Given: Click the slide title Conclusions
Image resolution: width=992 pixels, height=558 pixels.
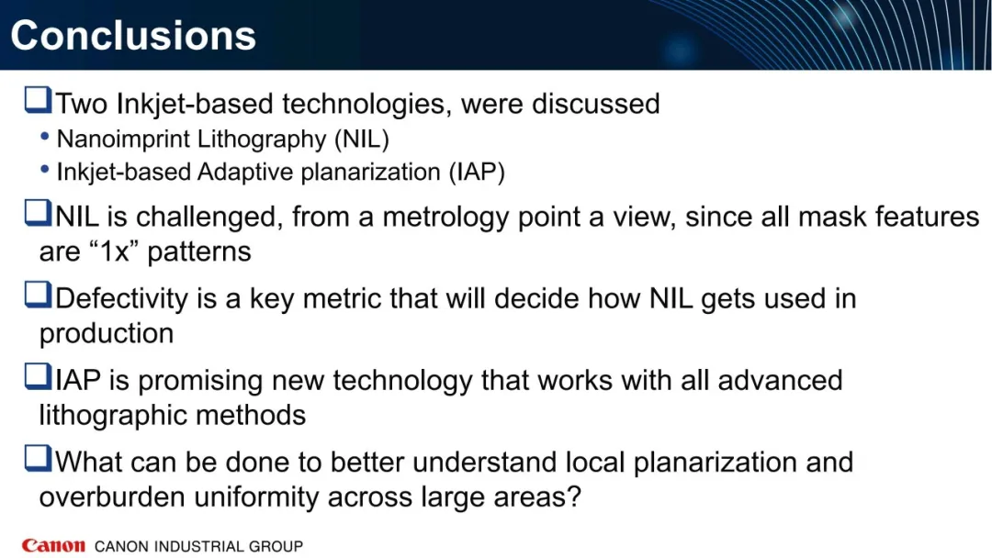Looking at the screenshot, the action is (x=133, y=36).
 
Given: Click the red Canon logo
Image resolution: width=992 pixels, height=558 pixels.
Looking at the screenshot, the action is (x=53, y=545).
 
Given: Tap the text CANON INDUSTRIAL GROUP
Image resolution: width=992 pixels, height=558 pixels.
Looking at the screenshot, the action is (x=198, y=546).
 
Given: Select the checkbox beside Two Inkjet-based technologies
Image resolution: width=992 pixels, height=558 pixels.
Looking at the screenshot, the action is (x=38, y=100).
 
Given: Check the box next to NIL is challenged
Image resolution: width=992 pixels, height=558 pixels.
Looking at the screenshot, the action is (x=38, y=213).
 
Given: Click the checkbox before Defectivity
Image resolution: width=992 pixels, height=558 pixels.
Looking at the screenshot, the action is (x=38, y=295).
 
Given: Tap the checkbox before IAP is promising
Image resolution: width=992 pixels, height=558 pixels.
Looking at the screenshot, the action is (x=38, y=376).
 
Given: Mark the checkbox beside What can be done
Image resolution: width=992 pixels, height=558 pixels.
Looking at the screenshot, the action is (x=38, y=458).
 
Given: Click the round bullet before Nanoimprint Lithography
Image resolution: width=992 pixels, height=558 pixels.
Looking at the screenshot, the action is (x=44, y=136).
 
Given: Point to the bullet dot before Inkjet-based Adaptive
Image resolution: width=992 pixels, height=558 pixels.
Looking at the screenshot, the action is (x=44, y=169).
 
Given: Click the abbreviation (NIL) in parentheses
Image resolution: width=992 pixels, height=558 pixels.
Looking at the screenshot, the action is (x=362, y=139).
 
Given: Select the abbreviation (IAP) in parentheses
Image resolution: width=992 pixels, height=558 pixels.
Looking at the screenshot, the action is (x=477, y=172).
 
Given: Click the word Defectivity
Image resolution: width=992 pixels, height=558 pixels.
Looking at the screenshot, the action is (x=121, y=299).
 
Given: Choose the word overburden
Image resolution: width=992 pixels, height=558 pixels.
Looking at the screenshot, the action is (x=113, y=497).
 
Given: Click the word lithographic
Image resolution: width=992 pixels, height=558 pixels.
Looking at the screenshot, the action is (x=114, y=416).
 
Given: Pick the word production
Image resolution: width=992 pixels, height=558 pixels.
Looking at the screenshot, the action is (x=107, y=334).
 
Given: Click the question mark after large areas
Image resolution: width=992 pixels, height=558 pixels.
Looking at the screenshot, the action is (x=574, y=497).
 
